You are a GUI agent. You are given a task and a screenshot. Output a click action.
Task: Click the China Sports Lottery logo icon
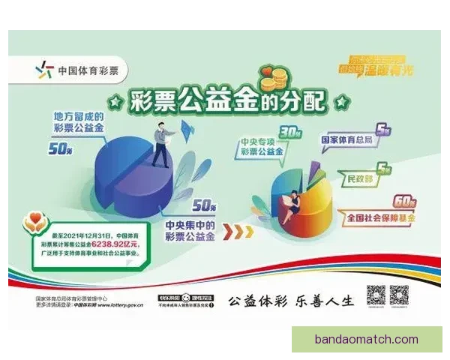point(45,71)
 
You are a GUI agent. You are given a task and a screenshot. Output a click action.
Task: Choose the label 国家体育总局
point(349,139)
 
